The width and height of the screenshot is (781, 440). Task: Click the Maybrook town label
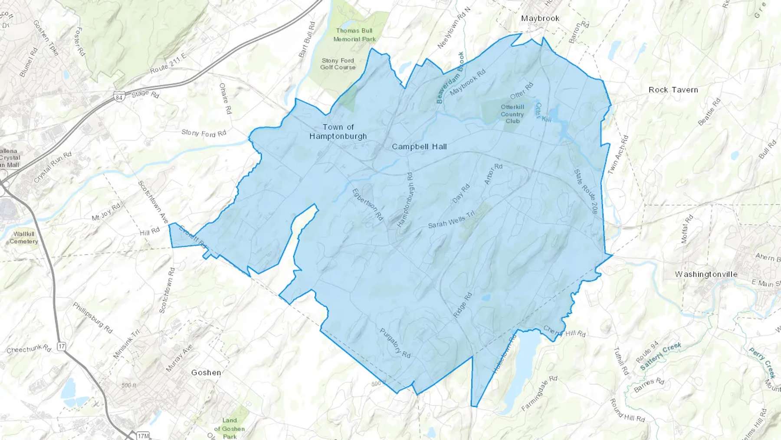(x=540, y=18)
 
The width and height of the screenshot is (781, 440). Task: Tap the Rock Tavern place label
(x=673, y=90)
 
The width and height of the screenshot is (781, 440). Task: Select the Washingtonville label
(x=706, y=274)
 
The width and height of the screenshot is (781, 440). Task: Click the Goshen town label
(x=206, y=372)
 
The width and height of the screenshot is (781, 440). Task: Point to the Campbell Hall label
(x=419, y=146)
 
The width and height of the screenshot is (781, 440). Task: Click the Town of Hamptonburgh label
(x=338, y=132)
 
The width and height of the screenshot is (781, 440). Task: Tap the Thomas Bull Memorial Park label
(x=354, y=35)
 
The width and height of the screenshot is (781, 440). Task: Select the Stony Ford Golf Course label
(x=338, y=64)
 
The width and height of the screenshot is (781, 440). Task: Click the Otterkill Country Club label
(x=512, y=114)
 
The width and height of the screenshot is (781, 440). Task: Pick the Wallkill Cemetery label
(x=24, y=238)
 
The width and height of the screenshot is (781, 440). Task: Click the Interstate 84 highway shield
(x=119, y=97)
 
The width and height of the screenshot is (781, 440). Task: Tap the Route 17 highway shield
(x=62, y=346)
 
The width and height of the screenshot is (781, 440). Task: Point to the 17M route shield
(x=143, y=436)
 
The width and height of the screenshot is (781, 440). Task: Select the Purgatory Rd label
(x=395, y=343)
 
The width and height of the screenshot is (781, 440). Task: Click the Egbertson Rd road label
(x=368, y=204)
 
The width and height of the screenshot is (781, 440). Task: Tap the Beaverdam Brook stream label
(x=450, y=78)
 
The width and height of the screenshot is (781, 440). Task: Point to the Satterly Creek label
(x=660, y=356)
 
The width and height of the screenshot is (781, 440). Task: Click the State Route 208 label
(x=586, y=191)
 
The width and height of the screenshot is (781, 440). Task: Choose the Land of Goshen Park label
(x=230, y=429)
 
